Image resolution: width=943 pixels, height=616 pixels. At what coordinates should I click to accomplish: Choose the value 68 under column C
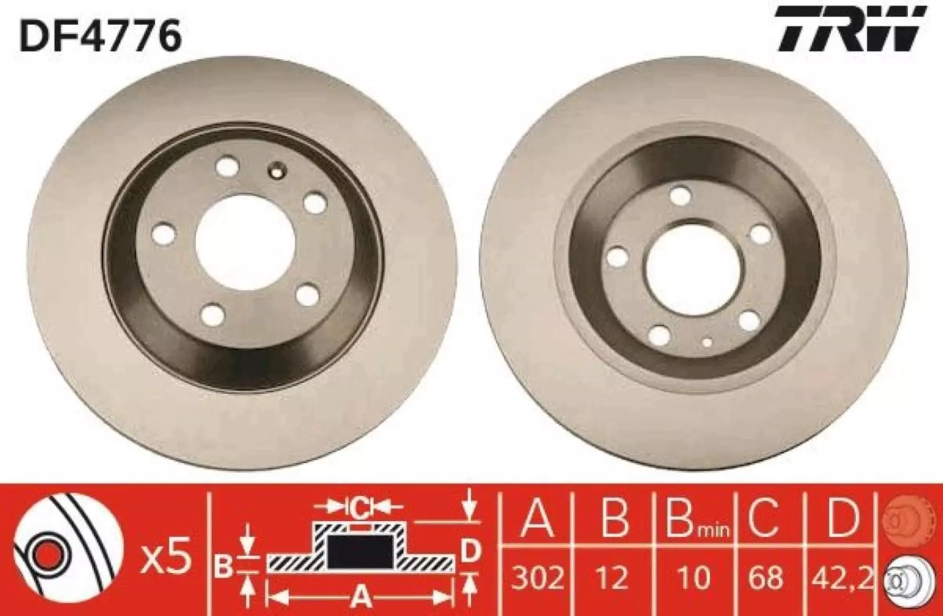tap(766, 578)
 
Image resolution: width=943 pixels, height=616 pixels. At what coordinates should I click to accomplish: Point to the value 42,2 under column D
tap(839, 578)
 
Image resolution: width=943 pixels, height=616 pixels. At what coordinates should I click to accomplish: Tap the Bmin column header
tap(697, 521)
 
